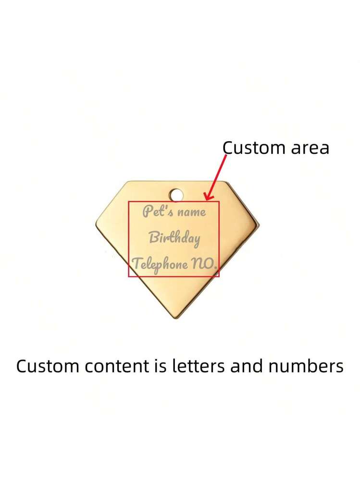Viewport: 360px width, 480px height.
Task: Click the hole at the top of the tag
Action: click(x=176, y=195)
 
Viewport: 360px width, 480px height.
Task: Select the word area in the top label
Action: click(x=310, y=148)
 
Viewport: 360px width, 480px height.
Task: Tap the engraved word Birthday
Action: click(x=174, y=238)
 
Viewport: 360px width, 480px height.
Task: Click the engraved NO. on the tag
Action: click(x=204, y=264)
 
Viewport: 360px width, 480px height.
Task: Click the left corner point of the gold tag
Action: click(x=96, y=224)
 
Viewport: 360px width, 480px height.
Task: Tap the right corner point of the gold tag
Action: click(x=259, y=226)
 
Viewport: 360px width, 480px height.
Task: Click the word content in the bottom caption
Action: click(x=117, y=366)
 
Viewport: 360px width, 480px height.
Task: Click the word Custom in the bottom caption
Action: click(x=48, y=366)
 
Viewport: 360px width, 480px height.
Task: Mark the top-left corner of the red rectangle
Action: click(x=129, y=201)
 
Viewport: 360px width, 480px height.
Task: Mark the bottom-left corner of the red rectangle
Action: click(x=129, y=277)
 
